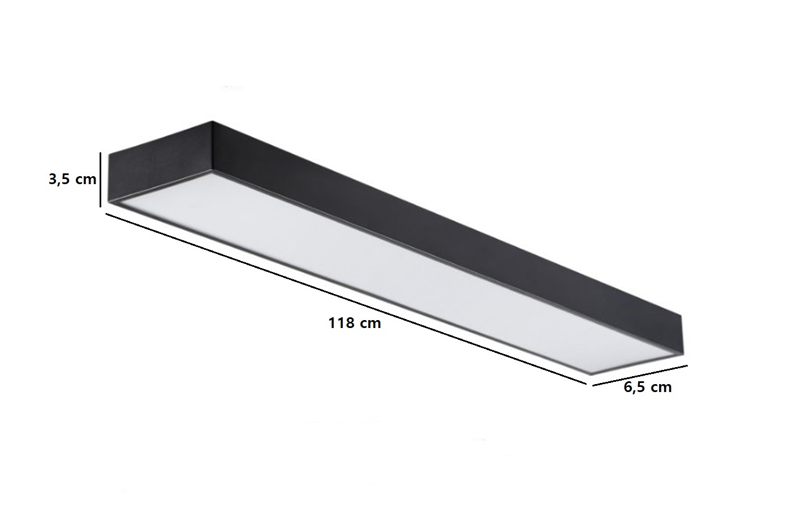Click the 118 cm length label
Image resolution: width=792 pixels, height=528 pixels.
355,323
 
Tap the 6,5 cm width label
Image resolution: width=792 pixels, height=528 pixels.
647,388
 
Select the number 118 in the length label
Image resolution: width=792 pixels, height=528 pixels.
342,323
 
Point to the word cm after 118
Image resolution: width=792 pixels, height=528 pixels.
371,324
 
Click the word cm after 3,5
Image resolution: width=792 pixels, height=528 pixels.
86,180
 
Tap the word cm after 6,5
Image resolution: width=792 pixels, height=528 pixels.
661,388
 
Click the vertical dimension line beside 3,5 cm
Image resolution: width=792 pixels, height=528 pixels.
101,180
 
